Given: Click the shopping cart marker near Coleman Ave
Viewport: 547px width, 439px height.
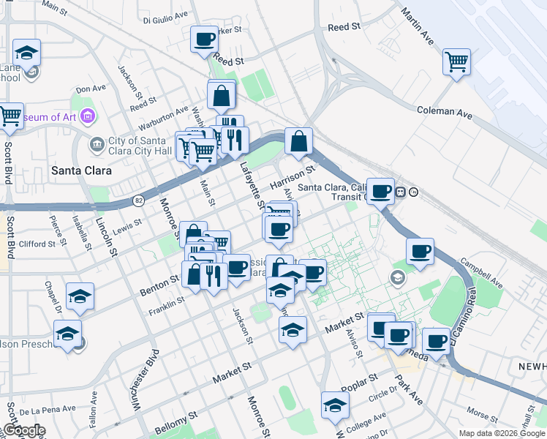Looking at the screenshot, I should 456,61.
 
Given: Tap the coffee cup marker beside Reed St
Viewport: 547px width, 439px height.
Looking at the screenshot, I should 204,39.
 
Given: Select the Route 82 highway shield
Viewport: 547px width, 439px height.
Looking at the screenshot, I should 139,200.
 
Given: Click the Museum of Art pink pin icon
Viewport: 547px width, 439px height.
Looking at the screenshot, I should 88,116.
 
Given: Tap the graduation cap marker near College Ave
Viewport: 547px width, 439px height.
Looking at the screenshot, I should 335,405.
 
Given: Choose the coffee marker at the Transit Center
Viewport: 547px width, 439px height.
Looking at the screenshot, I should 380,191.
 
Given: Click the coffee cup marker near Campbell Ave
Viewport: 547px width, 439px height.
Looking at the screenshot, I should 420,251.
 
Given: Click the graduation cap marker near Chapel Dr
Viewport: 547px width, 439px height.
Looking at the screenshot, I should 80,296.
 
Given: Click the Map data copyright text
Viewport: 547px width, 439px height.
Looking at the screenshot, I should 502,433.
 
